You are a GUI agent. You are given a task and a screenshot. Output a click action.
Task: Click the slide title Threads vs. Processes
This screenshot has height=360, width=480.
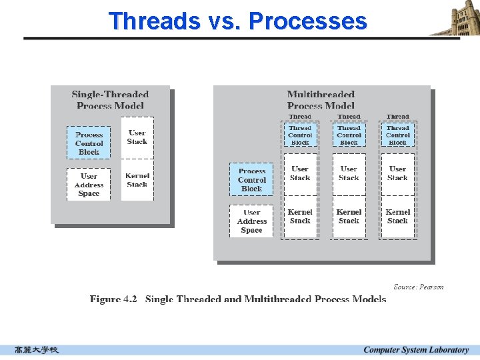click(238, 21)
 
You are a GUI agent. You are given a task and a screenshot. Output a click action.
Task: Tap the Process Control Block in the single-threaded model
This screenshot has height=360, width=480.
click(89, 143)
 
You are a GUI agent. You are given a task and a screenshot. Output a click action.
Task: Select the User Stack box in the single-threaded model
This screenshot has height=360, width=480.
click(137, 137)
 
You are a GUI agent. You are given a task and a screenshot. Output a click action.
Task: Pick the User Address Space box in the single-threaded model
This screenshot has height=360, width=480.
click(89, 185)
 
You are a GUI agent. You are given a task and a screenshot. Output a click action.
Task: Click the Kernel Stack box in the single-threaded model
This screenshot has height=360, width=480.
click(137, 180)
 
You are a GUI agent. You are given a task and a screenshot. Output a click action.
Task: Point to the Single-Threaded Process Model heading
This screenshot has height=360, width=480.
click(110, 100)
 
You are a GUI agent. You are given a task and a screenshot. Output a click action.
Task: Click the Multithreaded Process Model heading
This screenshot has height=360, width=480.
click(321, 100)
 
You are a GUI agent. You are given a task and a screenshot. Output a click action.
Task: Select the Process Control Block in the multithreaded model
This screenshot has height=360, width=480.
click(251, 179)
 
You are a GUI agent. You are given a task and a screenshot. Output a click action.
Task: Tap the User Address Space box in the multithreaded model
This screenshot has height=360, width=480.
click(251, 221)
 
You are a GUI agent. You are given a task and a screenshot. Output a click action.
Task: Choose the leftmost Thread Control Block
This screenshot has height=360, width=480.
click(300, 135)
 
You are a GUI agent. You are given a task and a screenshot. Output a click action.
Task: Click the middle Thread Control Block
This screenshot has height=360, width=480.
click(349, 135)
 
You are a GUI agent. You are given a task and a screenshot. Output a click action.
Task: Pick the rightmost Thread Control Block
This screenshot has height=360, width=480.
click(397, 135)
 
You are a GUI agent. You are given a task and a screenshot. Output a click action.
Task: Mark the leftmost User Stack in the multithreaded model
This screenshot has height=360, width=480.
click(300, 173)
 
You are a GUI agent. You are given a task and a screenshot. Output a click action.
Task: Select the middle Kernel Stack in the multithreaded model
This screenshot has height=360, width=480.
click(349, 216)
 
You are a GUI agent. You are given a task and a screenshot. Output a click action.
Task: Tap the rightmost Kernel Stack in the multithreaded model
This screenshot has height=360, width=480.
click(397, 216)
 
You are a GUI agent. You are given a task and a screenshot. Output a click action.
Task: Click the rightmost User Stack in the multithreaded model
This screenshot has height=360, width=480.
click(397, 173)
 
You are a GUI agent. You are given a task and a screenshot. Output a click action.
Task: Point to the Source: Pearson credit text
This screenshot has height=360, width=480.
click(418, 287)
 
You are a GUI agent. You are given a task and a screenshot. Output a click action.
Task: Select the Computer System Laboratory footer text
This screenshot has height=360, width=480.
click(416, 350)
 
